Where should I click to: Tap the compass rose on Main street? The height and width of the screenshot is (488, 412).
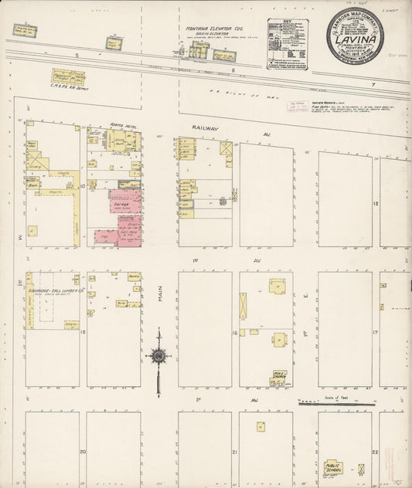pyautogui.click(x=158, y=356)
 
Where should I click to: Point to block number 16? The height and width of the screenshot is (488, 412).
pyautogui.click(x=233, y=334)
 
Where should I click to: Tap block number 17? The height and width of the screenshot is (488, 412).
pyautogui.click(x=374, y=333)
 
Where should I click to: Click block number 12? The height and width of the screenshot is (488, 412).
pyautogui.click(x=376, y=203)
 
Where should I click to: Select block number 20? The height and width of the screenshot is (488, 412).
pyautogui.click(x=81, y=452)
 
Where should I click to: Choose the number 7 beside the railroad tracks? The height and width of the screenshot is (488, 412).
pyautogui.click(x=371, y=83)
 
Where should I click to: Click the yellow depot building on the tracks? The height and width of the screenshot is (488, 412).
pyautogui.click(x=68, y=77)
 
